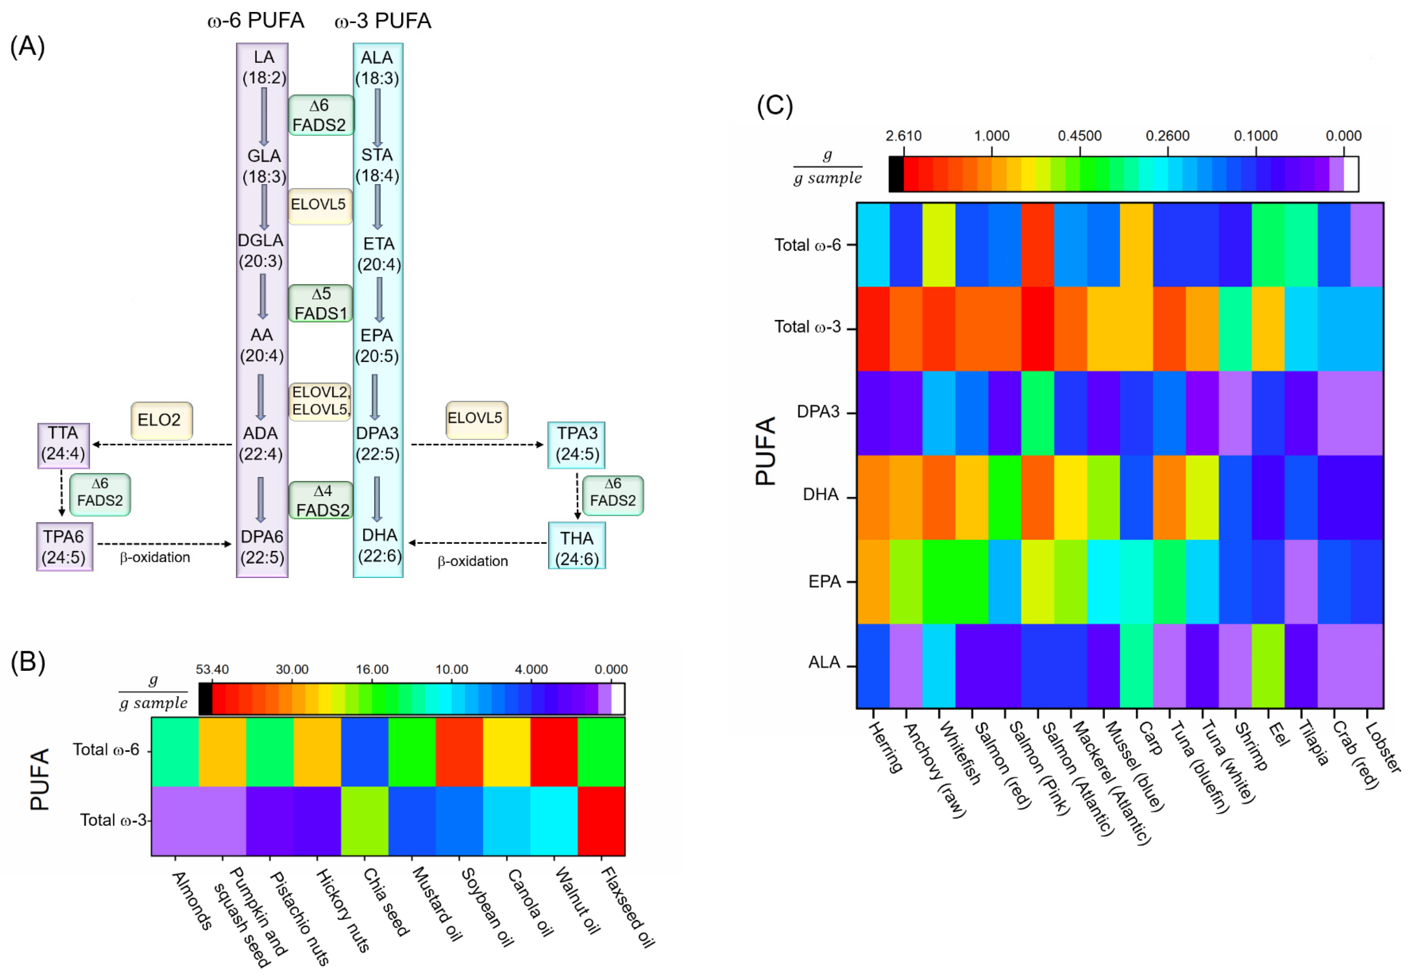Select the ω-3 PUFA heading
click(x=383, y=22)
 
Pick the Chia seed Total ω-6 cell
click(x=365, y=752)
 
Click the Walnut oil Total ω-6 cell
click(x=554, y=752)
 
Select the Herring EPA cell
click(x=873, y=582)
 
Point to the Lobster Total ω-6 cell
click(x=1367, y=245)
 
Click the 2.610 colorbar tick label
click(x=903, y=136)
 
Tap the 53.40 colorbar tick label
click(x=212, y=670)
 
